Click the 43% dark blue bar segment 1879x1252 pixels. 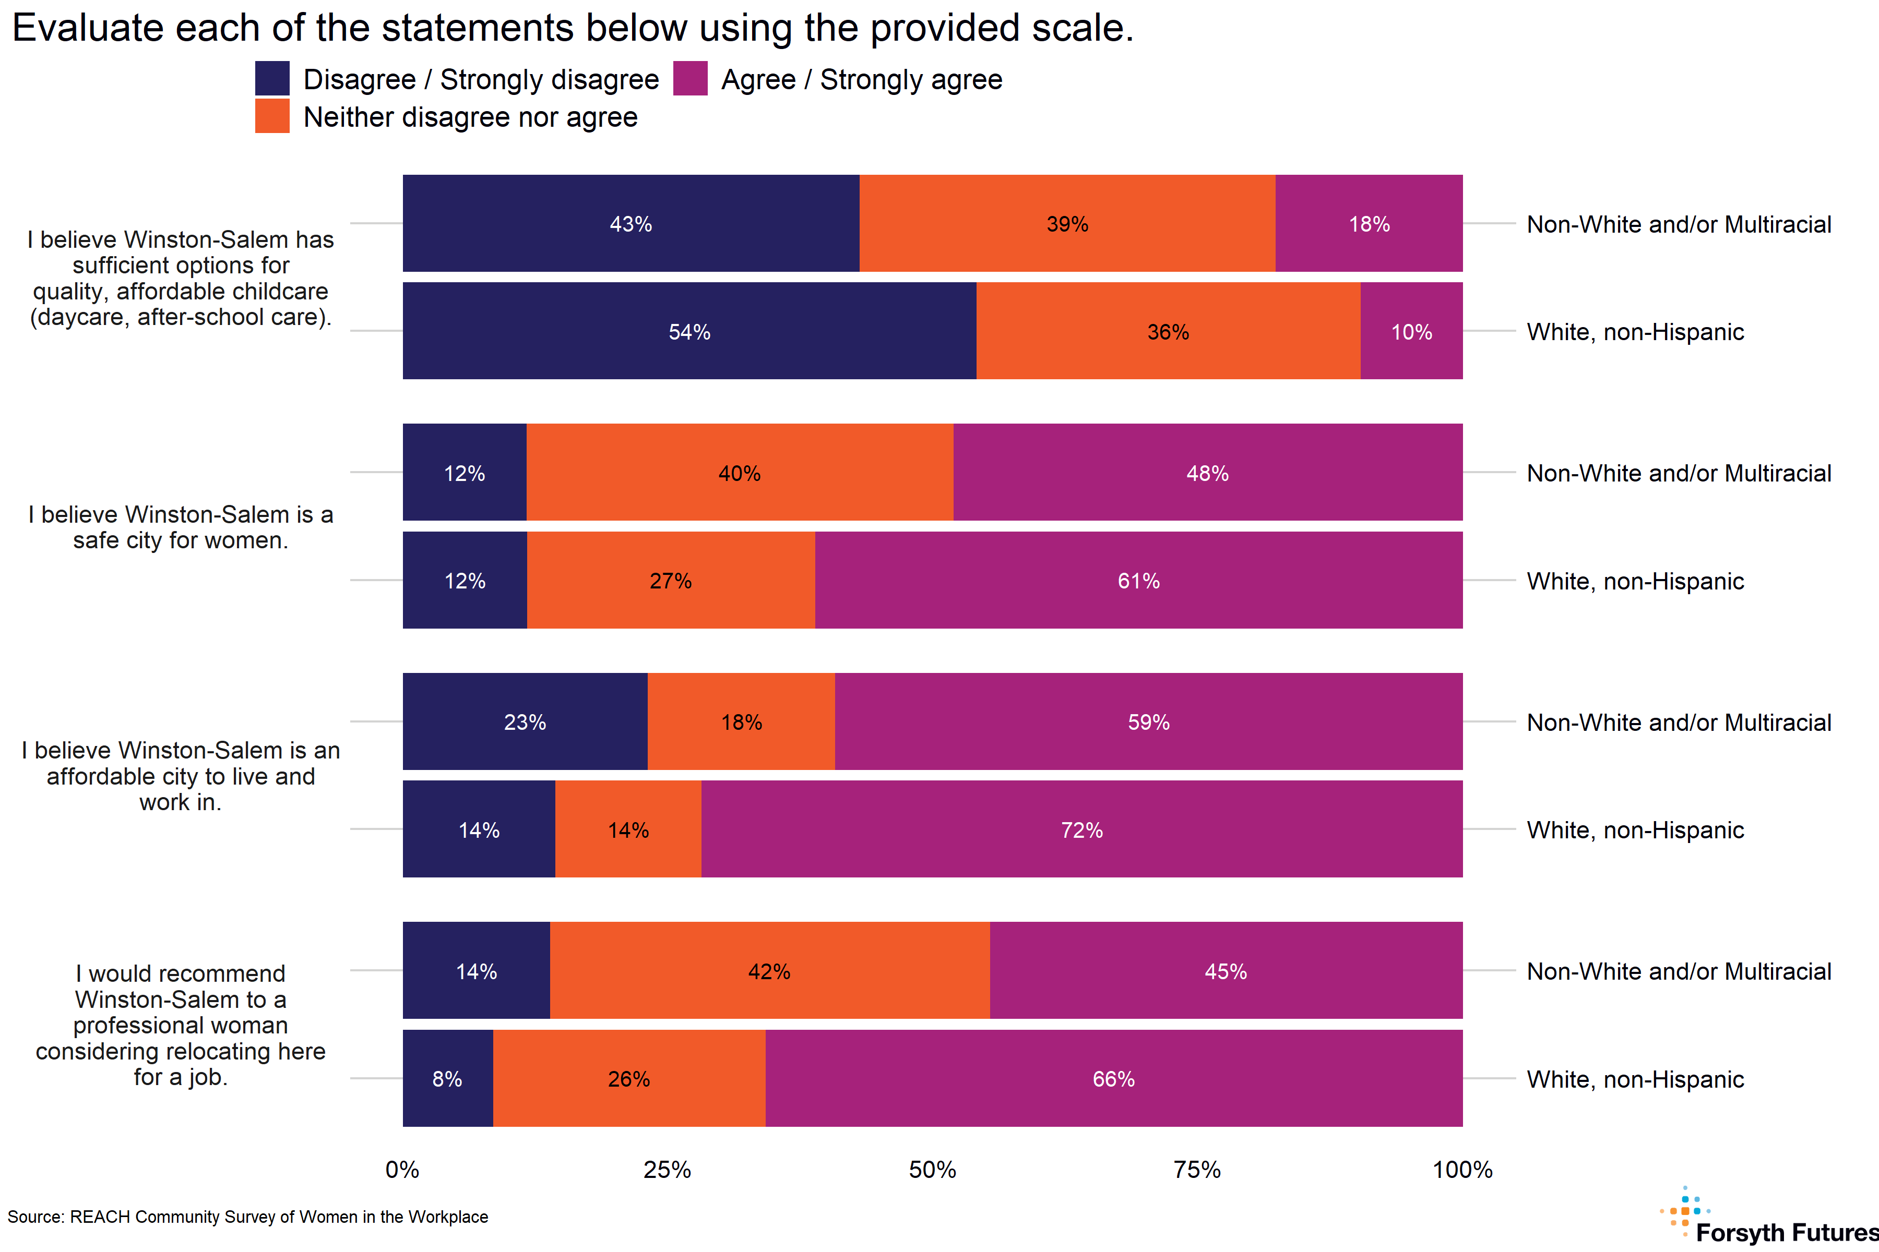(x=631, y=224)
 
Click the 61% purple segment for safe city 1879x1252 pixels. (x=1138, y=581)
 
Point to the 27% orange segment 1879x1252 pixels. (x=670, y=581)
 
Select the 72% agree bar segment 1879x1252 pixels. (x=1081, y=829)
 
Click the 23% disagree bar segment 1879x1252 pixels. (x=525, y=722)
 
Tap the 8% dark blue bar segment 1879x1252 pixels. (x=447, y=1079)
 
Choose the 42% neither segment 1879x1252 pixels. (x=769, y=971)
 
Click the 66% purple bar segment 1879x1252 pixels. (x=1114, y=1079)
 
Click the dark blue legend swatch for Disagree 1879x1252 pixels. (x=272, y=78)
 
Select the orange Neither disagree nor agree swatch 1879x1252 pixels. (x=272, y=116)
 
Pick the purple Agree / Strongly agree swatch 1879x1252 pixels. (x=690, y=78)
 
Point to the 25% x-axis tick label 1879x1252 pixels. (x=667, y=1170)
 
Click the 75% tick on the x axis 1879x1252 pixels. (x=1197, y=1170)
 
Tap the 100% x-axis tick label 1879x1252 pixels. (x=1462, y=1170)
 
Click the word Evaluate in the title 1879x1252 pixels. (x=87, y=29)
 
